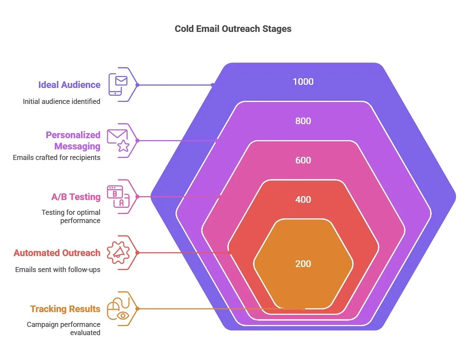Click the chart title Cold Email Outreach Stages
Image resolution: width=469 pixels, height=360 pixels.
point(233,29)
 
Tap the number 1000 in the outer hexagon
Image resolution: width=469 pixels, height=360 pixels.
point(303,82)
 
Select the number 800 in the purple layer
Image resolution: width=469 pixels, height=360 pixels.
point(303,121)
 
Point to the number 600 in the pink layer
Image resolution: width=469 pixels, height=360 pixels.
point(303,160)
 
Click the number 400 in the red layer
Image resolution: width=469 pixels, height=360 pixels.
point(303,200)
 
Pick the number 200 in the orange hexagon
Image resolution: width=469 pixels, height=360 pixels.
point(303,264)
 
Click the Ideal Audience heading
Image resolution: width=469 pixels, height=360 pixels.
point(69,85)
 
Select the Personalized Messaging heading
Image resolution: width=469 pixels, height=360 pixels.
point(73,140)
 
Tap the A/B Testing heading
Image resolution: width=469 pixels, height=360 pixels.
point(76,197)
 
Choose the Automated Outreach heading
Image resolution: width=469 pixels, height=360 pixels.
point(57,253)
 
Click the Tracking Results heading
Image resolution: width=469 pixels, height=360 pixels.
point(65,309)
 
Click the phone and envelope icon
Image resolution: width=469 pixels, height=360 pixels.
point(118,84)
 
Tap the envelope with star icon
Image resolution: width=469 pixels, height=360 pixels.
point(118,140)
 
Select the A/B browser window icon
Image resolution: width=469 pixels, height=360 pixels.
point(118,197)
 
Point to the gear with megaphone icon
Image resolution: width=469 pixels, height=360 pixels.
point(118,253)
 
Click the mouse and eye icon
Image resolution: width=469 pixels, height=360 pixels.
point(118,309)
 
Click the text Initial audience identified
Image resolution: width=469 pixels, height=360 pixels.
point(61,102)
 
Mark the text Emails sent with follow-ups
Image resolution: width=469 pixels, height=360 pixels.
point(58,269)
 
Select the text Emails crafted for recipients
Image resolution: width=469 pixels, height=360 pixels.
point(56,158)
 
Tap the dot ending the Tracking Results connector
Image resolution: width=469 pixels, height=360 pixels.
point(304,309)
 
